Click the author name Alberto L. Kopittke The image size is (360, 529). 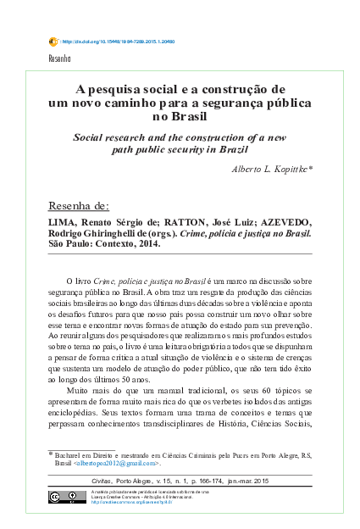269,170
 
